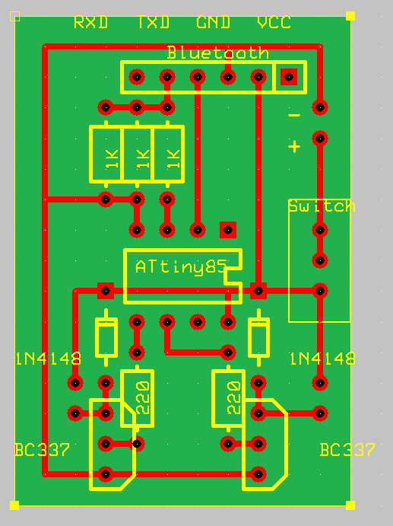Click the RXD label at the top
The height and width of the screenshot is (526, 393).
90,22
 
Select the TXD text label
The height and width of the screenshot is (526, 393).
153,22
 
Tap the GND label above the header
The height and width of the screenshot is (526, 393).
214,22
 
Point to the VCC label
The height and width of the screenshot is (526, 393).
274,22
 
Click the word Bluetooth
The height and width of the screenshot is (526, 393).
217,53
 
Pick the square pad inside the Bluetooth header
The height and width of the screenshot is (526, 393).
289,76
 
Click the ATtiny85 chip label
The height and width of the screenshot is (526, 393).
181,267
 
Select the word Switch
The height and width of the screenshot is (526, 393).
322,206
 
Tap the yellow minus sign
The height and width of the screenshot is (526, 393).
294,116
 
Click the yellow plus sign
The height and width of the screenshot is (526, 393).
294,146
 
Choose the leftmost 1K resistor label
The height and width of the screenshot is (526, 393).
111,158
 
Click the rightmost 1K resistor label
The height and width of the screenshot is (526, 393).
173,158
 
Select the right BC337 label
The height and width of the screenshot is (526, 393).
347,450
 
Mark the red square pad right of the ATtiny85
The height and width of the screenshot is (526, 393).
258,290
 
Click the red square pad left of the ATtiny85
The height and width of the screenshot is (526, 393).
106,290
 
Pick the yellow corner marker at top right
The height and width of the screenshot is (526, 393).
350,15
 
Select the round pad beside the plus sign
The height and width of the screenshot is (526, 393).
320,138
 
